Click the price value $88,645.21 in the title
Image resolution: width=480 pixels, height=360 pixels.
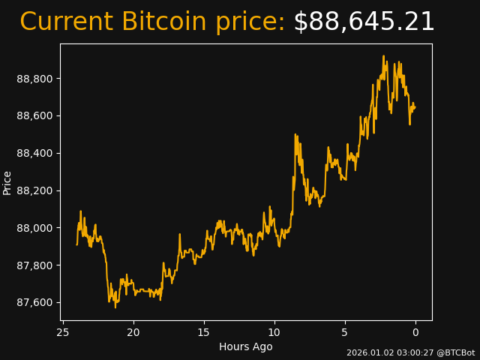(x=364, y=22)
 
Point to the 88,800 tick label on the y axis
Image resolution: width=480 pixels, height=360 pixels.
(x=35, y=79)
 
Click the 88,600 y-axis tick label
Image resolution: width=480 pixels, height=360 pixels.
(x=35, y=115)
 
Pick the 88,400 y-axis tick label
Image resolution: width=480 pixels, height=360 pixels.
(x=35, y=153)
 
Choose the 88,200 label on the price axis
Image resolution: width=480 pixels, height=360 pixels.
(x=35, y=190)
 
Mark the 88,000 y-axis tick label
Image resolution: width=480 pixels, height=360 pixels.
(x=35, y=228)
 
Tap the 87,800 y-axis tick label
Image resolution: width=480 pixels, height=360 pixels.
(x=35, y=265)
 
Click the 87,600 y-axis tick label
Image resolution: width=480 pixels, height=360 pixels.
(x=35, y=302)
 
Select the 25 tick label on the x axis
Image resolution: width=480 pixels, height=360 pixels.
(x=63, y=332)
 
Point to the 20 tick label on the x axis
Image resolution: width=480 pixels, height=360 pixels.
(x=133, y=332)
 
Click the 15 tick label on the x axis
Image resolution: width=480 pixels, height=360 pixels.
(x=204, y=332)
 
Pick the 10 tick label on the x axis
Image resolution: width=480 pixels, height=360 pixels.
(x=274, y=332)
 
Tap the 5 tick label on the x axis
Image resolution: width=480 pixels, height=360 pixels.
(x=345, y=332)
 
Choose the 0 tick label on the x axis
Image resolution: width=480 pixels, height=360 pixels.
(x=415, y=332)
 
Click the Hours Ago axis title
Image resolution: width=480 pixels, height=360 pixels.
(x=246, y=346)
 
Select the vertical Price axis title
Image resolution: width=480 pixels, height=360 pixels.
(x=7, y=182)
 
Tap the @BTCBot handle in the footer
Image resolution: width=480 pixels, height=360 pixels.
(x=456, y=352)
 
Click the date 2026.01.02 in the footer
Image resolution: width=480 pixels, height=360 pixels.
(x=368, y=352)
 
